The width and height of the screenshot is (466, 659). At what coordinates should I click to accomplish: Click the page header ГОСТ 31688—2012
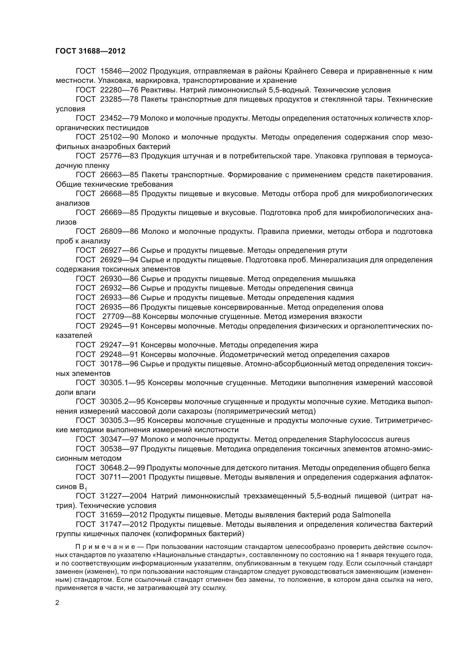coord(90,51)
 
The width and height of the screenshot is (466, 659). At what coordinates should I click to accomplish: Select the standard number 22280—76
coord(119,90)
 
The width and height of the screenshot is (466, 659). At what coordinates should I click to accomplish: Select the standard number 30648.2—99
coord(123,468)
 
